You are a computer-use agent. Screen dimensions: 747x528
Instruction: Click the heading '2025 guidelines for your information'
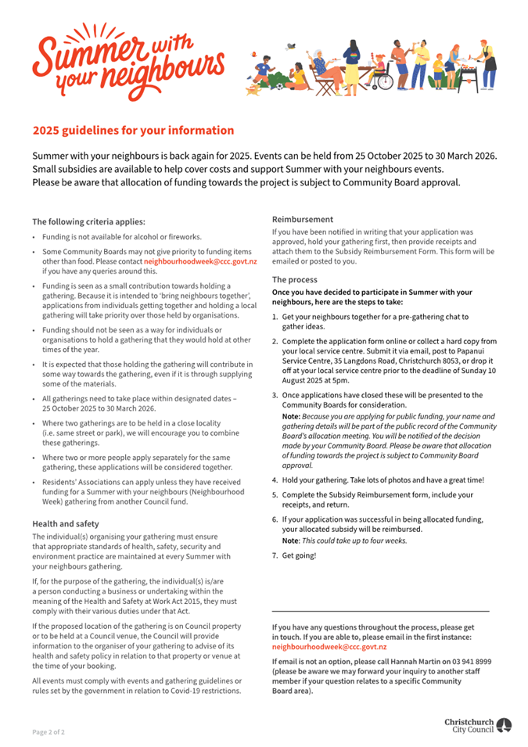tap(133, 131)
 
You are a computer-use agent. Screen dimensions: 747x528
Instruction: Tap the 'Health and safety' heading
tap(66, 523)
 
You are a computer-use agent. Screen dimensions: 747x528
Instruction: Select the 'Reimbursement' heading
tap(302, 220)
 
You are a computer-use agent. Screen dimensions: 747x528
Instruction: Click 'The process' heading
tap(295, 279)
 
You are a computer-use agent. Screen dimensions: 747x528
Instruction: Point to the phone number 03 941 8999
tap(472, 662)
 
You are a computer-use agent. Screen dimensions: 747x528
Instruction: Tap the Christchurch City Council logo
tap(478, 725)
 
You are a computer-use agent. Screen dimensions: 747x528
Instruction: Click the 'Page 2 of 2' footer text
tap(48, 732)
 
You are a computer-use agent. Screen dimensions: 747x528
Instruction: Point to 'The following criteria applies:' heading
tap(88, 221)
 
